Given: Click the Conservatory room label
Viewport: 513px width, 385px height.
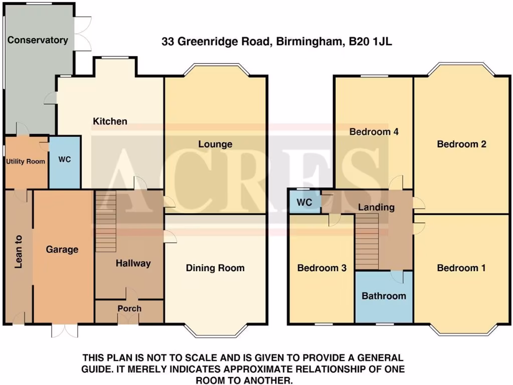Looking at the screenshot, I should click(x=38, y=40).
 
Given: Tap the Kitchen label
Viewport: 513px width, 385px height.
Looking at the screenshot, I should click(x=110, y=121).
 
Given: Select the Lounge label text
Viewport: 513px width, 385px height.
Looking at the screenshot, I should click(x=215, y=144).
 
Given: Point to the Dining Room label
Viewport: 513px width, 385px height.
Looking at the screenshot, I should click(x=215, y=268).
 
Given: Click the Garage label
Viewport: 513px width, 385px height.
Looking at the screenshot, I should click(x=62, y=249).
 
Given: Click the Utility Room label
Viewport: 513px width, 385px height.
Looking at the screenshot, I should click(x=26, y=161).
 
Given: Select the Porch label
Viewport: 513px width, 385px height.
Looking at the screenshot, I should click(x=129, y=309).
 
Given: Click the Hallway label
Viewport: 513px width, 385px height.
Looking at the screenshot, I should click(x=133, y=263).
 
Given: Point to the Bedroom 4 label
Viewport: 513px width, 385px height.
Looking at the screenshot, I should click(x=374, y=132).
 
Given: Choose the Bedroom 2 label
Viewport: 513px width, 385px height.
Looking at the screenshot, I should click(x=461, y=144).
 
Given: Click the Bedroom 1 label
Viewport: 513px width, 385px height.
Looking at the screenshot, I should click(x=461, y=268).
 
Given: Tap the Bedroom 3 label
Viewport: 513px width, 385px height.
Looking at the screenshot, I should click(x=322, y=268).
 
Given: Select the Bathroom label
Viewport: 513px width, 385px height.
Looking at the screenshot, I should click(x=384, y=296).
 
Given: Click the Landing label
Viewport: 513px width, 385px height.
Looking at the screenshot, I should click(x=376, y=207).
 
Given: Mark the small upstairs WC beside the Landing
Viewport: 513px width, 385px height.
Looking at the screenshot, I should click(x=305, y=203).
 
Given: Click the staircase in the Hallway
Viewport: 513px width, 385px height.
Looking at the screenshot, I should click(x=106, y=216).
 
